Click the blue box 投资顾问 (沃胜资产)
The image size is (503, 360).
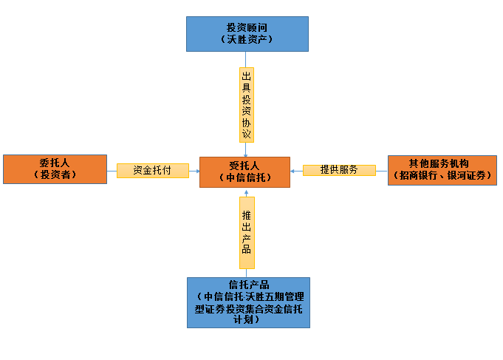[x=247, y=33]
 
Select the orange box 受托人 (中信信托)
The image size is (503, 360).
[x=244, y=171]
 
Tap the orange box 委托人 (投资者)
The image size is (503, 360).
[x=55, y=169]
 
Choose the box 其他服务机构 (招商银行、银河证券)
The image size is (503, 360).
[x=442, y=169]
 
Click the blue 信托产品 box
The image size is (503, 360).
[x=247, y=302]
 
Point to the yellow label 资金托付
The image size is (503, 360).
[x=152, y=170]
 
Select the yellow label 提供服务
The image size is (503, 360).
[x=339, y=170]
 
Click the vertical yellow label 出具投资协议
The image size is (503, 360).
[x=246, y=105]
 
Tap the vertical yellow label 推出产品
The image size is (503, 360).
[x=247, y=232]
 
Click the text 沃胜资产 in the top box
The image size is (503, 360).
[x=247, y=39]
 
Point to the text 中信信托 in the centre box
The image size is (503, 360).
[x=244, y=177]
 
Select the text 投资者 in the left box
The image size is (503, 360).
[x=55, y=175]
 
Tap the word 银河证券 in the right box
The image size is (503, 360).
[x=465, y=175]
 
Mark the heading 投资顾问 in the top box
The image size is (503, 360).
[x=247, y=27]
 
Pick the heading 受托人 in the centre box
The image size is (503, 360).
[x=244, y=166]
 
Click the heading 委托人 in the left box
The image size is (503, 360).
[x=55, y=163]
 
